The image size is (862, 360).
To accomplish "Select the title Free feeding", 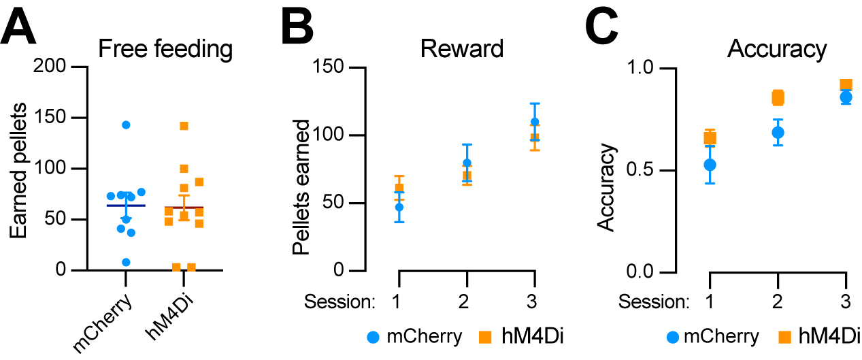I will pyautogui.click(x=165, y=50).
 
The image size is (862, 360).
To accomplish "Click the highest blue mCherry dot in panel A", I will pyautogui.click(x=126, y=125).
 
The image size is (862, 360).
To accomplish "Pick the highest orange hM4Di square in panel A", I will pyautogui.click(x=184, y=126).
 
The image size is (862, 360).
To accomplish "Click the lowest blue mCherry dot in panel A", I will pyautogui.click(x=125, y=262).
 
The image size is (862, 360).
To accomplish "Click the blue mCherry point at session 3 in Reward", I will pyautogui.click(x=535, y=122).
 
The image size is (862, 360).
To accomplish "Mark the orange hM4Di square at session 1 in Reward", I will pyautogui.click(x=399, y=188).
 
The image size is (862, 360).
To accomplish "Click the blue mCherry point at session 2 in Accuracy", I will pyautogui.click(x=778, y=132).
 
